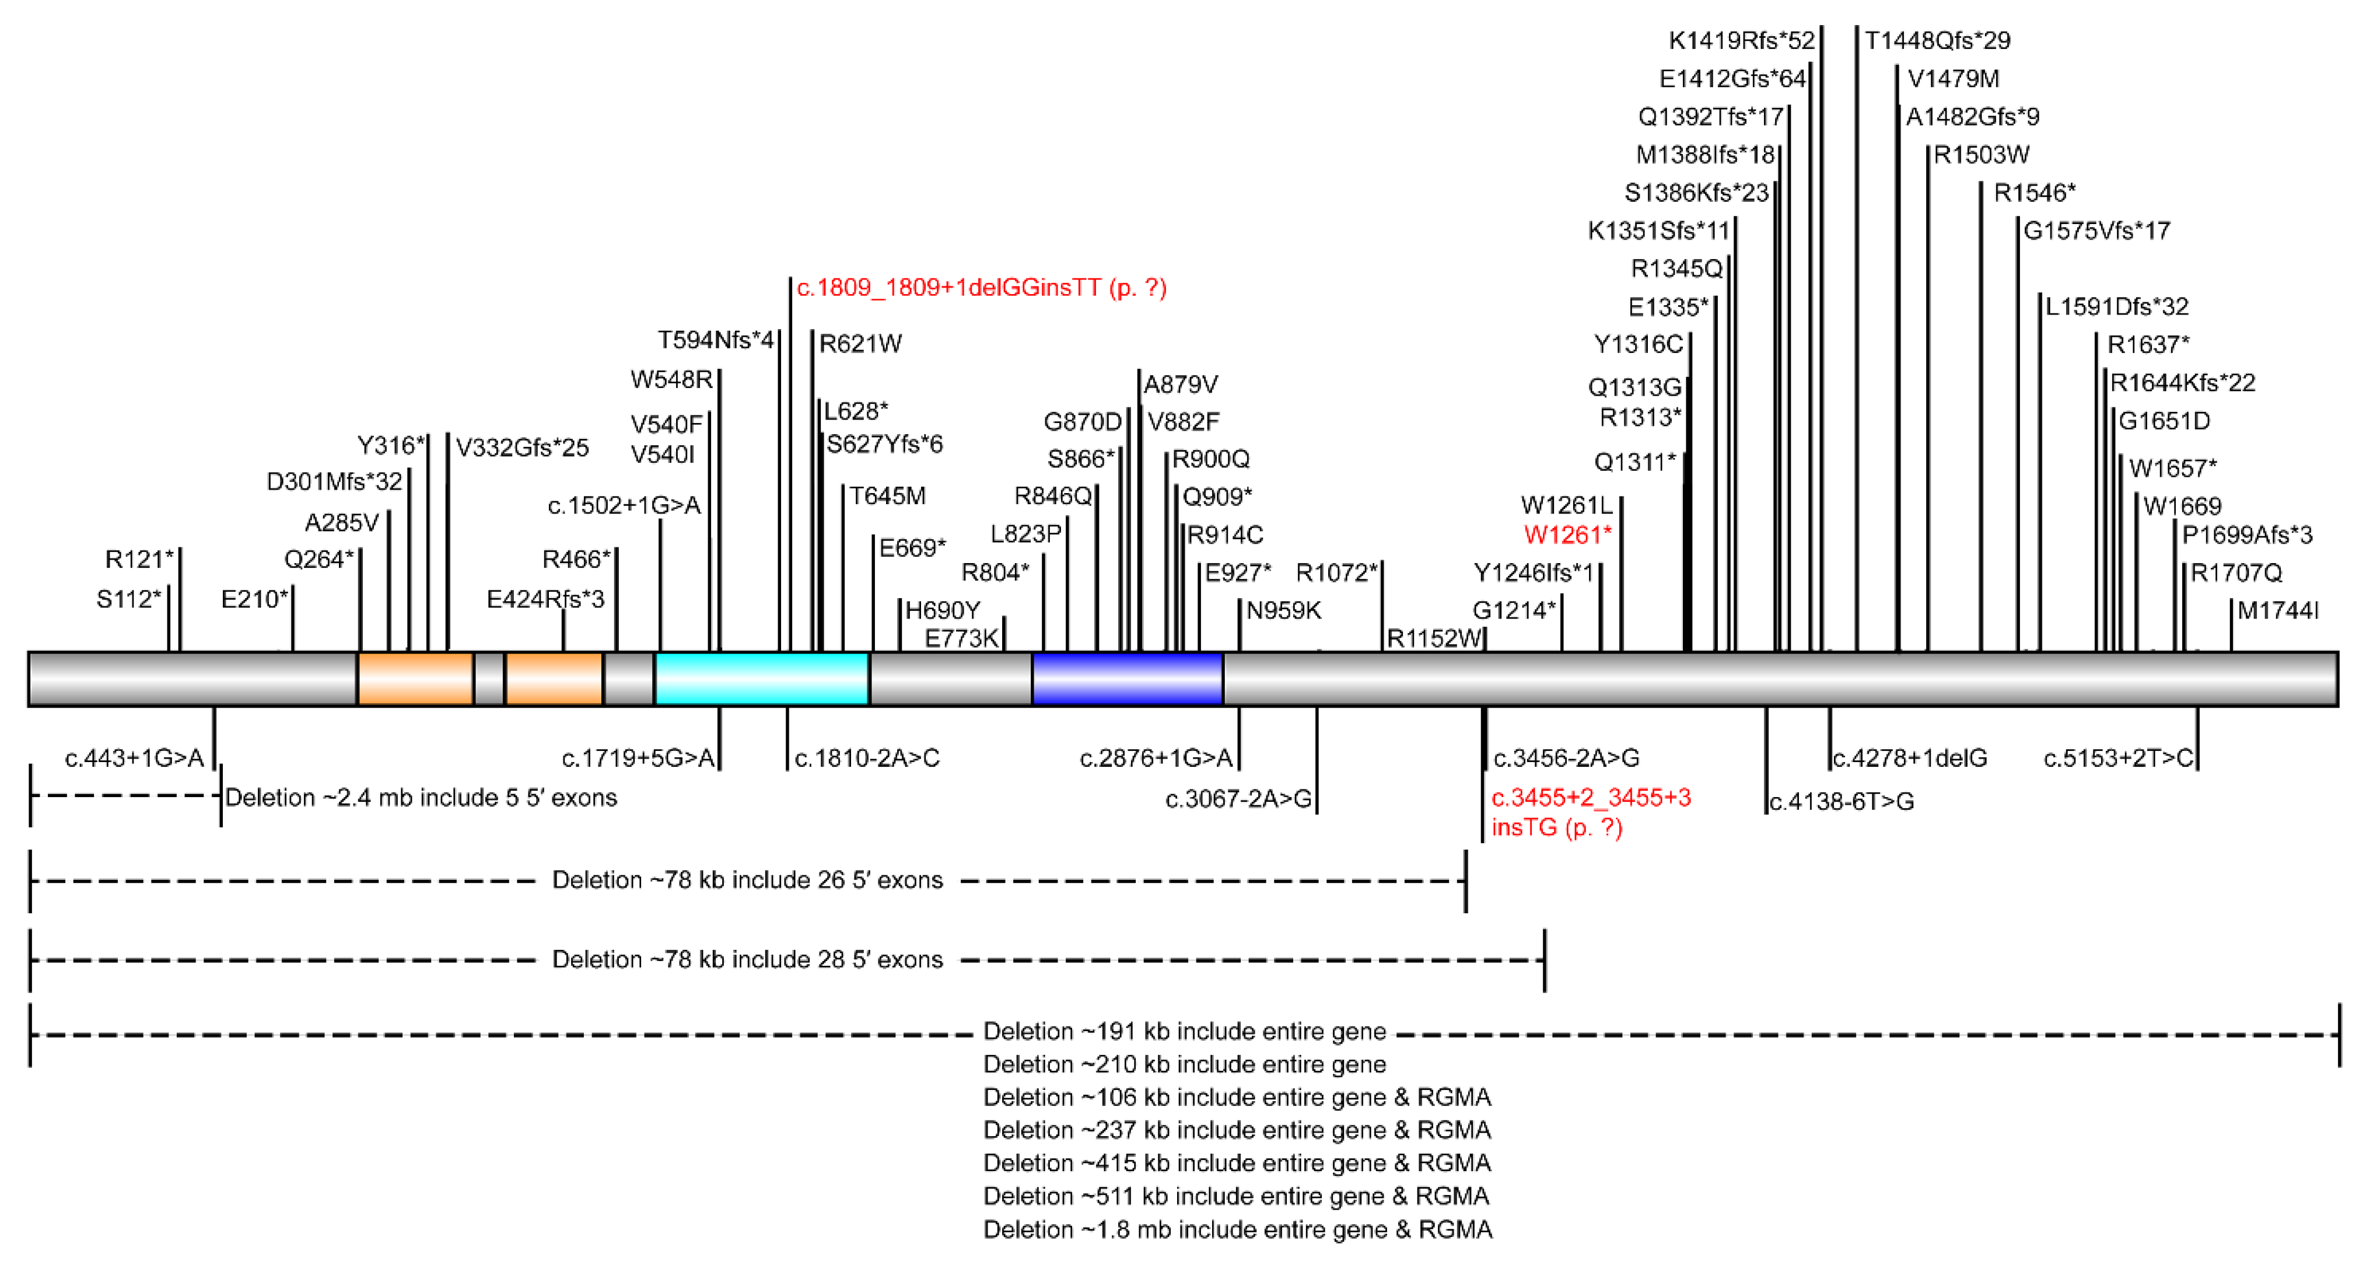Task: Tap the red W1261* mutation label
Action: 1567,535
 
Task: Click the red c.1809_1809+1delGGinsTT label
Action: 981,288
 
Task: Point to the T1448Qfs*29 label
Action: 1937,40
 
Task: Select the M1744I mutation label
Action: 2277,610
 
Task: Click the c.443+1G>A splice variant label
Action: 134,758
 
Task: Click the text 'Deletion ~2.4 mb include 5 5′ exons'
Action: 421,798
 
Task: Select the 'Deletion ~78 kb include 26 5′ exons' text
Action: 747,881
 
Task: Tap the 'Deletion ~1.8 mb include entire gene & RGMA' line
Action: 1237,1229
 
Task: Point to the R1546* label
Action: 2034,193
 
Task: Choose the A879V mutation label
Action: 1181,384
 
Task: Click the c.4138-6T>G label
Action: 1841,802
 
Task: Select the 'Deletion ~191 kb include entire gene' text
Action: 1184,1032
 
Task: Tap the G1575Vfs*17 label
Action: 2096,231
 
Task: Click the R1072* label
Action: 1336,573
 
